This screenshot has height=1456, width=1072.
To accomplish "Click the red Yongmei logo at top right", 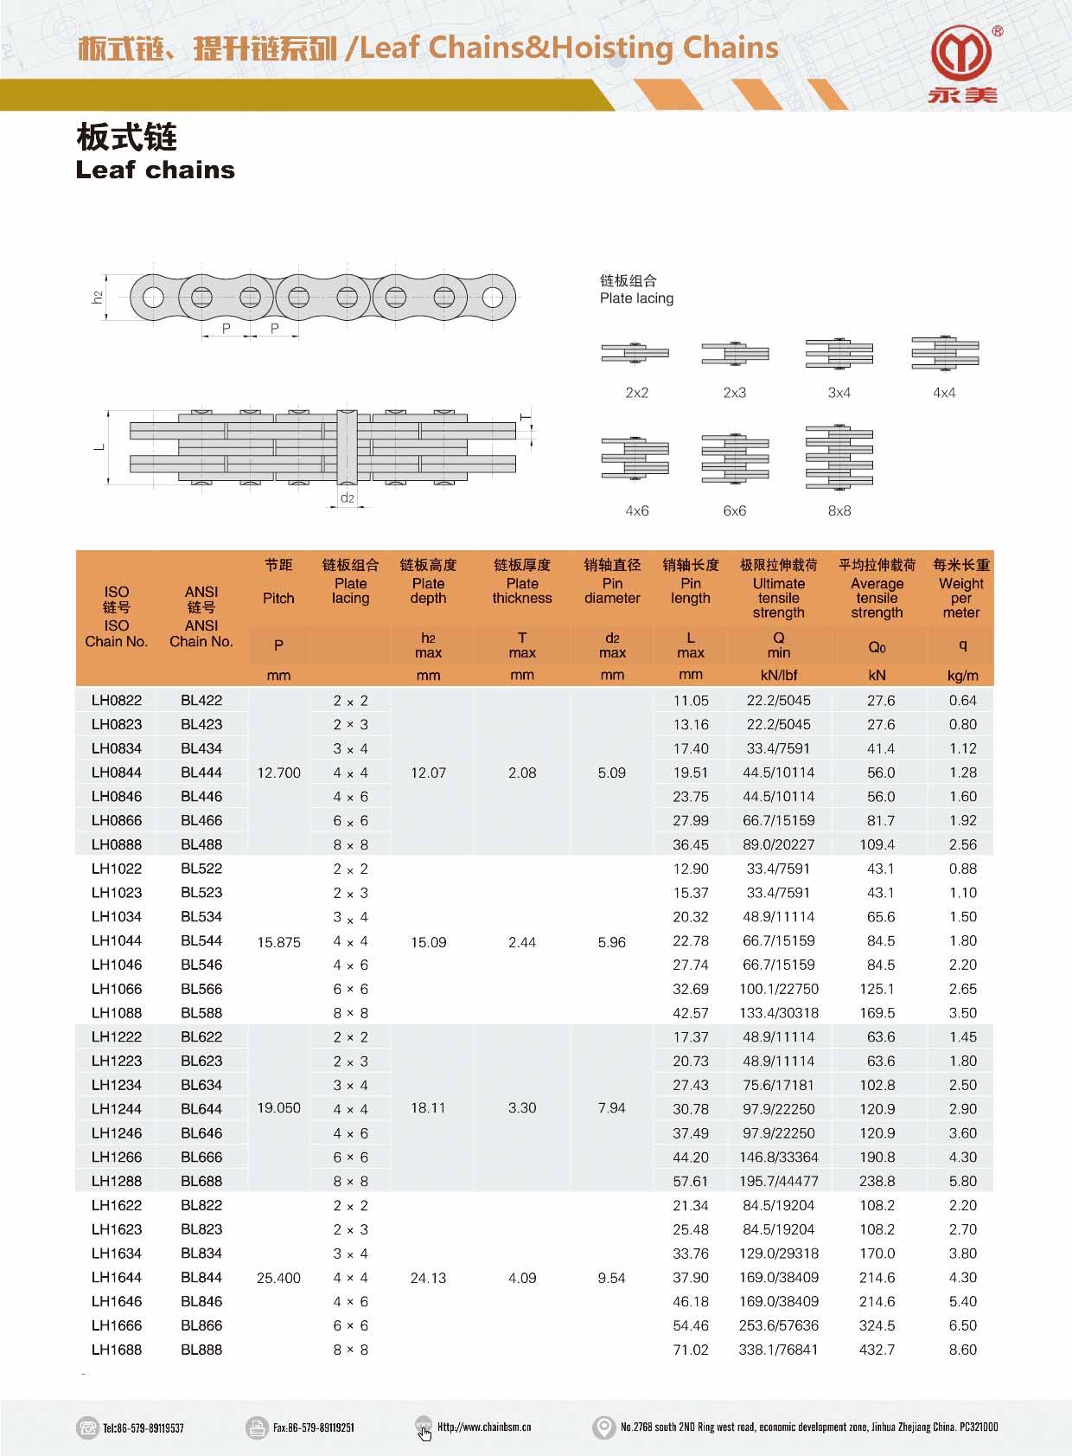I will (x=961, y=54).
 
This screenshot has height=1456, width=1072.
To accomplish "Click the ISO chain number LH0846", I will (x=117, y=796).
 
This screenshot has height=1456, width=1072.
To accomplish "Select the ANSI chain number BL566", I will (x=201, y=989).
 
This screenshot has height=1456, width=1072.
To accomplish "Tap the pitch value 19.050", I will (x=278, y=1108).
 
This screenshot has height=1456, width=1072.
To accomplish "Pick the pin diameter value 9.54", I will (x=611, y=1278).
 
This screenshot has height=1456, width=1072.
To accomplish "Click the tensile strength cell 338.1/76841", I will (x=778, y=1350).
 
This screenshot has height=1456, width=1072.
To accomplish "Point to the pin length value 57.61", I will (x=691, y=1181).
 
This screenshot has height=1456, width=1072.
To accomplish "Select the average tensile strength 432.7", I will (x=877, y=1350).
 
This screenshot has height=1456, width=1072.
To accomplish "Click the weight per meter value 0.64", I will (x=962, y=701).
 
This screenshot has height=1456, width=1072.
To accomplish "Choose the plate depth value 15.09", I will (x=428, y=942).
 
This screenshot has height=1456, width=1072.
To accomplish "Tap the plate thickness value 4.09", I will (x=522, y=1278).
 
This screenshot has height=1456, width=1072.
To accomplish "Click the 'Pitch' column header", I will (x=278, y=598).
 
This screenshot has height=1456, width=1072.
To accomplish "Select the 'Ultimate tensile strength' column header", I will (x=778, y=598).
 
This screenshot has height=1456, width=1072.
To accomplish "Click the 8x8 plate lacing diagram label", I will (x=839, y=511).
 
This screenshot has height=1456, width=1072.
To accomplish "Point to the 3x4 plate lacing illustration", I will (x=839, y=354).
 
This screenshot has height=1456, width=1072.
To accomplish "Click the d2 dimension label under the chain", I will (x=347, y=498).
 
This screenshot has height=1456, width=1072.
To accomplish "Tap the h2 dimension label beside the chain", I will (x=98, y=297).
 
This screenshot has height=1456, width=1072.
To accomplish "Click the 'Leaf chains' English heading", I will (x=156, y=170).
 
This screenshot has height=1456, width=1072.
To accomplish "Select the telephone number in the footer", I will (x=143, y=1427).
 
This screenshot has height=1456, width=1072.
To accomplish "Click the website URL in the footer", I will (x=483, y=1427).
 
